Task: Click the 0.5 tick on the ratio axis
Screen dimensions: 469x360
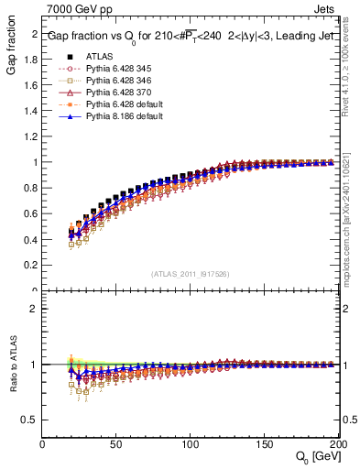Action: [33, 420]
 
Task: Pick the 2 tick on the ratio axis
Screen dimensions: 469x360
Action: [36, 309]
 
